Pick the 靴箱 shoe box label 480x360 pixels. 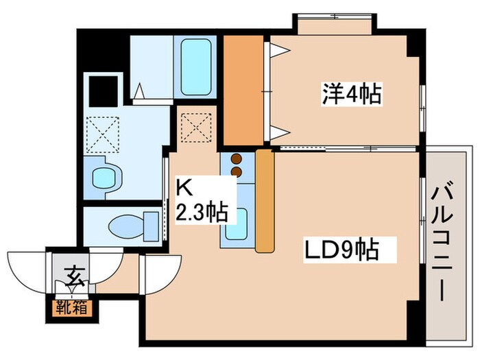(x=72, y=307)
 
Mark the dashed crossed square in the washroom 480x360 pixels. (x=102, y=134)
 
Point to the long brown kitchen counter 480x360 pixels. (x=265, y=200)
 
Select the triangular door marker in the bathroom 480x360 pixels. (x=139, y=91)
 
